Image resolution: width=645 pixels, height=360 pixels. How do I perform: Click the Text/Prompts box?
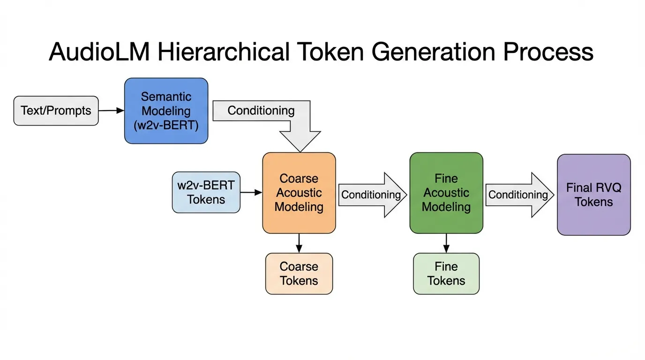pos(56,111)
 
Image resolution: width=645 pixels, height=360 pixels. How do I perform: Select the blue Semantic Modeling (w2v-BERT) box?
pos(166,111)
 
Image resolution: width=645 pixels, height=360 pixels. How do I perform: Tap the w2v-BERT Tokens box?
pos(206,193)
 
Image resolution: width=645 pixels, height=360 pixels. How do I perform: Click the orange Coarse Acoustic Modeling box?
pos(299,193)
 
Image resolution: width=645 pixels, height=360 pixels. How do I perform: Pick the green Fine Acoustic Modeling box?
pos(446,193)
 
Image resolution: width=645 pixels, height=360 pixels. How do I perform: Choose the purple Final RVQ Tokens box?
pos(593,195)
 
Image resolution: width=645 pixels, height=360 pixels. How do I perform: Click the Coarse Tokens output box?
pos(299,274)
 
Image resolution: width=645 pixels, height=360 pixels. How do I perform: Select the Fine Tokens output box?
pos(446,274)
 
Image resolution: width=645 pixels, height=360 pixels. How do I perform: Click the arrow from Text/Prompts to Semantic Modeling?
pos(112,111)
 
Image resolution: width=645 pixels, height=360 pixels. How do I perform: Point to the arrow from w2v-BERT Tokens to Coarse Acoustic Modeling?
pos(251,192)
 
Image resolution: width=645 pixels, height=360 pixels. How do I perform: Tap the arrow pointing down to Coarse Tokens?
pos(299,243)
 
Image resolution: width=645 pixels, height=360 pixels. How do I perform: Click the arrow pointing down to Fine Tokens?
pos(446,243)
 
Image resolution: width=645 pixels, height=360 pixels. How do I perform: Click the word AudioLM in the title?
pos(99,52)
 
